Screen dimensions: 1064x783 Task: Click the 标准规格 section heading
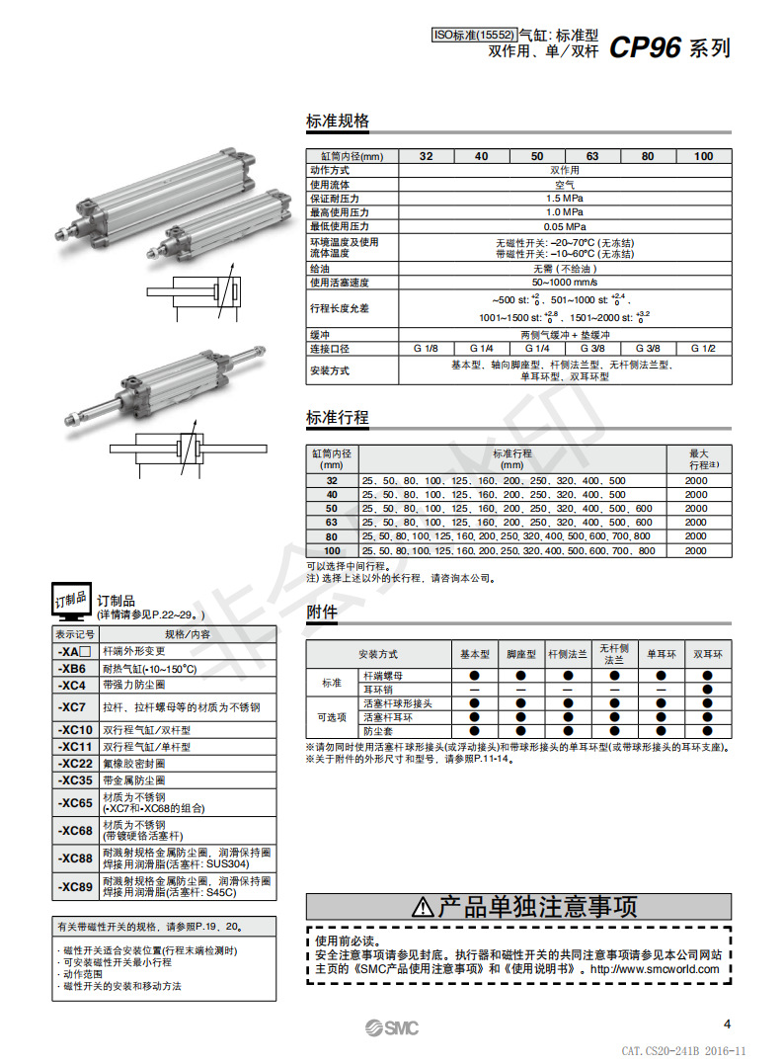338,122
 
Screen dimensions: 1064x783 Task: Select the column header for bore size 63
592,156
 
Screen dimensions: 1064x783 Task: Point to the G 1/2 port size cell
703,349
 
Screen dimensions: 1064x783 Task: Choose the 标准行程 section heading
338,418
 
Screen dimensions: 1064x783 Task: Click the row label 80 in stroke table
332,535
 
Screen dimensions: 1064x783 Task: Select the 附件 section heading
322,613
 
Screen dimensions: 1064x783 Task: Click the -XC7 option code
74,707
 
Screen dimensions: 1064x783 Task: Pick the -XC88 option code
74,858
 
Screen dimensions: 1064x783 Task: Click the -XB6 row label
74,669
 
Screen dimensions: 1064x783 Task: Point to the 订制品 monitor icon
70,600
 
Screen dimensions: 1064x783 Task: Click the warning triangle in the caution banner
423,907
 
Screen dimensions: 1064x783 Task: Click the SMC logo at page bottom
390,1028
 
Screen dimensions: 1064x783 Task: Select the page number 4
727,1023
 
